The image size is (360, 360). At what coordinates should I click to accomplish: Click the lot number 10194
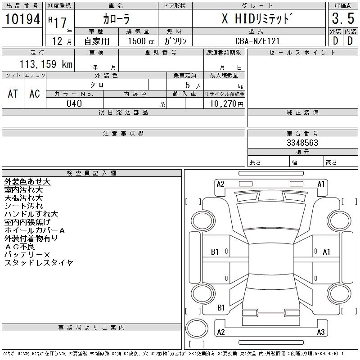pyautogui.click(x=22, y=19)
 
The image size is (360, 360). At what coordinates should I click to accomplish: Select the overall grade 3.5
pyautogui.click(x=343, y=18)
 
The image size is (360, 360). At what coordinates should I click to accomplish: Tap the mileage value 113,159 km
pyautogui.click(x=46, y=64)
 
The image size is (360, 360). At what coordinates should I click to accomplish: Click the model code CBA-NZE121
pyautogui.click(x=257, y=41)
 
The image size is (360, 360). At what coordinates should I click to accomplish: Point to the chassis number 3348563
pyautogui.click(x=302, y=143)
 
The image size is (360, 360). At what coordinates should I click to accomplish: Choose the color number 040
pyautogui.click(x=74, y=103)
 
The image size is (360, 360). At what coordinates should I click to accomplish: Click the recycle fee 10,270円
pyautogui.click(x=226, y=104)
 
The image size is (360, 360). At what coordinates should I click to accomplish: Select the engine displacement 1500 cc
pyautogui.click(x=141, y=41)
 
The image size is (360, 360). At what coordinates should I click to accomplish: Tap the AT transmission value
pyautogui.click(x=13, y=94)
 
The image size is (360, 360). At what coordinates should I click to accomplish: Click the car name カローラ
pyautogui.click(x=116, y=19)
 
